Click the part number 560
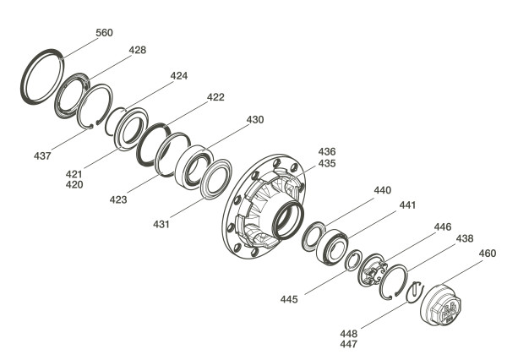click(x=104, y=33)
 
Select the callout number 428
click(x=138, y=50)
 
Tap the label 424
click(x=179, y=76)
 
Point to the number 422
click(x=215, y=97)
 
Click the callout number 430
click(x=255, y=120)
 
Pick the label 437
click(x=42, y=155)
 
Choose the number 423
click(x=118, y=199)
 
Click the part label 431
click(x=161, y=224)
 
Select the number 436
click(x=327, y=151)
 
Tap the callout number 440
click(x=383, y=190)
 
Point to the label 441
click(x=407, y=205)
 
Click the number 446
click(x=443, y=226)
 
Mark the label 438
click(x=465, y=238)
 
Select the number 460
click(x=488, y=253)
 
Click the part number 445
click(x=289, y=299)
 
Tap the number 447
click(x=349, y=344)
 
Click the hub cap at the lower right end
click(x=441, y=303)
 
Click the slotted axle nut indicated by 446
click(x=373, y=270)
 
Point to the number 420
click(x=74, y=185)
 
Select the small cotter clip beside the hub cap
click(x=415, y=292)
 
